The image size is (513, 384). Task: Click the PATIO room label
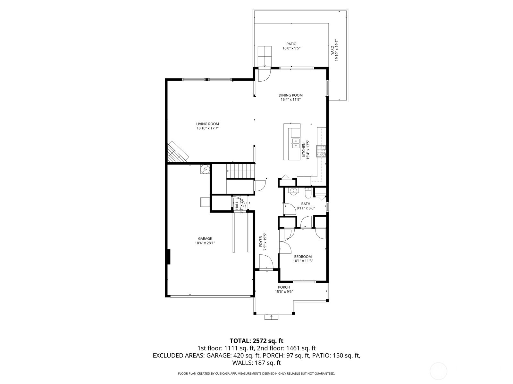[x=291, y=44]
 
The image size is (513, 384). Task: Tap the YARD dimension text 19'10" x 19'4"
[x=337, y=51]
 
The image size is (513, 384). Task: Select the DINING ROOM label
[x=290, y=95]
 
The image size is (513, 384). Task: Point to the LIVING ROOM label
[x=207, y=124]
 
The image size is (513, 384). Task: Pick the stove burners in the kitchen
[x=322, y=151]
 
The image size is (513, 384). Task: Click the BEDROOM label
[x=303, y=257]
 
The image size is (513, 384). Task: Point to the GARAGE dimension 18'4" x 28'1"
[x=205, y=243]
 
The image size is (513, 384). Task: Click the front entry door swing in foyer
[x=265, y=261]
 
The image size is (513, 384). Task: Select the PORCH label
[x=284, y=287]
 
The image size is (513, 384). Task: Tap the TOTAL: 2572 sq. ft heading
[x=256, y=340]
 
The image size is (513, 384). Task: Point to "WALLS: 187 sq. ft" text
[x=256, y=363]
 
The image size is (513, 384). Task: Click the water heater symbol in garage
[x=204, y=169]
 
